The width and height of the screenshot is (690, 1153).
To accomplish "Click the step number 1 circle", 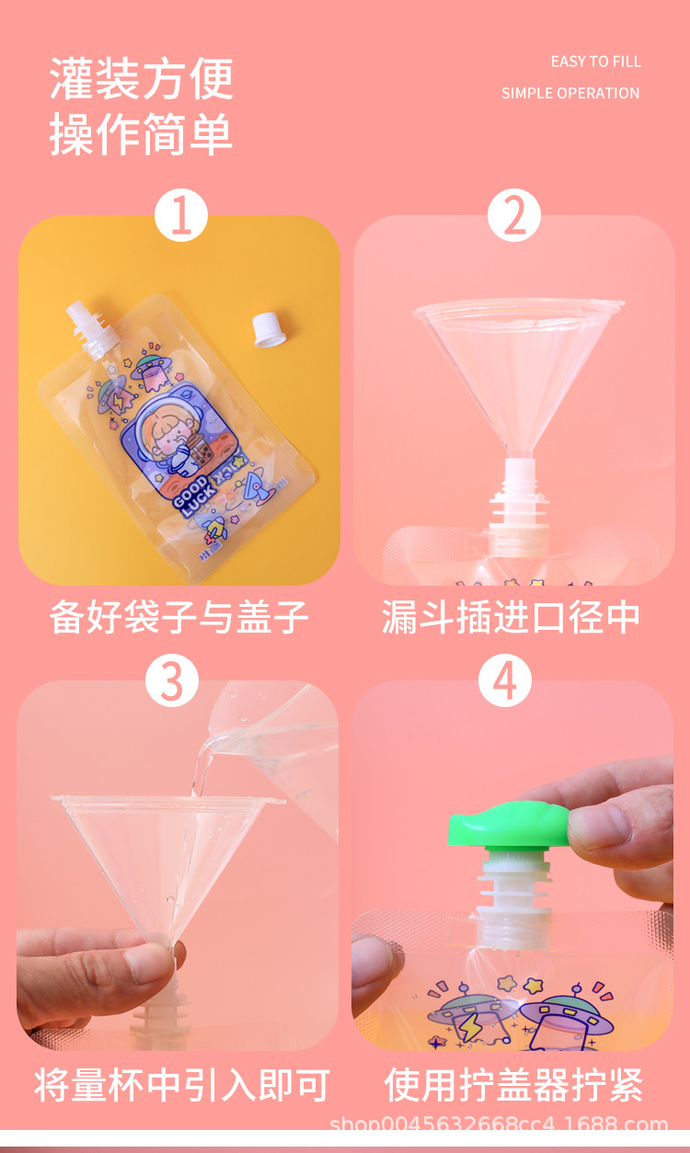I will (x=181, y=218).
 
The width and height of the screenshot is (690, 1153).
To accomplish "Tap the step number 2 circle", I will (x=513, y=218).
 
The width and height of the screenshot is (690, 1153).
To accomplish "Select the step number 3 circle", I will (x=172, y=681).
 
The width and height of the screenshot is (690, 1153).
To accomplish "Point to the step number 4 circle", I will (x=505, y=681).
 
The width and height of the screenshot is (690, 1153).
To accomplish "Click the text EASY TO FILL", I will (x=595, y=62).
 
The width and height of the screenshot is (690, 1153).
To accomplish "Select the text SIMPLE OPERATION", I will (x=570, y=93).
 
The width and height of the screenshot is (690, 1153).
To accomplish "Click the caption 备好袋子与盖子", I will (x=178, y=616).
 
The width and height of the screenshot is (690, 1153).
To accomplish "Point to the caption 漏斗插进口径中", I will (x=512, y=616).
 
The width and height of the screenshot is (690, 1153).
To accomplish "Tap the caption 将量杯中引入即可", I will (x=181, y=1085).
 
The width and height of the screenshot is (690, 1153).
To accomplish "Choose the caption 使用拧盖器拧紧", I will (x=513, y=1085).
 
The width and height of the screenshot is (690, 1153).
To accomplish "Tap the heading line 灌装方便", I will (x=142, y=79).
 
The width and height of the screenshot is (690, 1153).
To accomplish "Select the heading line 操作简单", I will (x=142, y=134).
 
